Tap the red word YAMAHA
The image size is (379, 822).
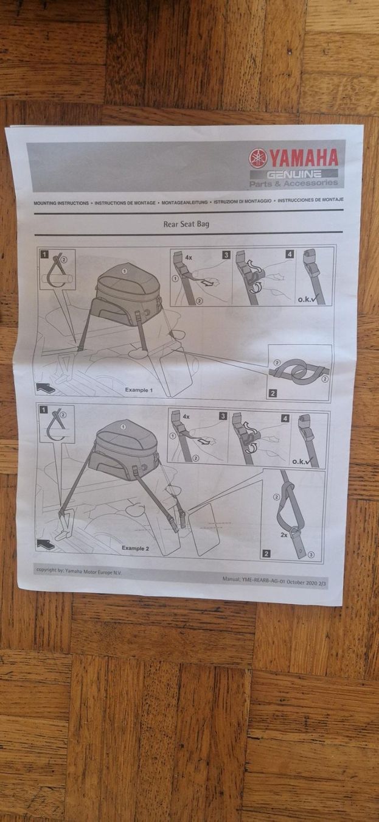pyautogui.click(x=304, y=158)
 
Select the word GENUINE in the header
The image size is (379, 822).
pyautogui.click(x=294, y=174)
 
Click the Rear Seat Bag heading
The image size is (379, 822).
pyautogui.click(x=186, y=224)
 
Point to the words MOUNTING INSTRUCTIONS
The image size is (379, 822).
pyautogui.click(x=61, y=203)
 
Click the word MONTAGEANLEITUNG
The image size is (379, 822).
pyautogui.click(x=184, y=202)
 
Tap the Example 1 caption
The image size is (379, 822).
pyautogui.click(x=139, y=390)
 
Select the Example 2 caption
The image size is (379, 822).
pyautogui.click(x=135, y=548)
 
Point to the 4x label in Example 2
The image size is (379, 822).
pyautogui.click(x=186, y=417)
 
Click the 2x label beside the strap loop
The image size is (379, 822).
pyautogui.click(x=283, y=535)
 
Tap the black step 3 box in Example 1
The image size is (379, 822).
pyautogui.click(x=226, y=255)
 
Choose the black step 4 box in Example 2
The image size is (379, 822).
pyautogui.click(x=285, y=418)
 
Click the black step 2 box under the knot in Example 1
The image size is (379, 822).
pyautogui.click(x=273, y=393)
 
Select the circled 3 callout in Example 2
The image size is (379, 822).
pyautogui.click(x=311, y=555)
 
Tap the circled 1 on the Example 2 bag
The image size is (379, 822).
pyautogui.click(x=123, y=426)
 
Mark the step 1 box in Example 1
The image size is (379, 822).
pyautogui.click(x=44, y=254)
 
